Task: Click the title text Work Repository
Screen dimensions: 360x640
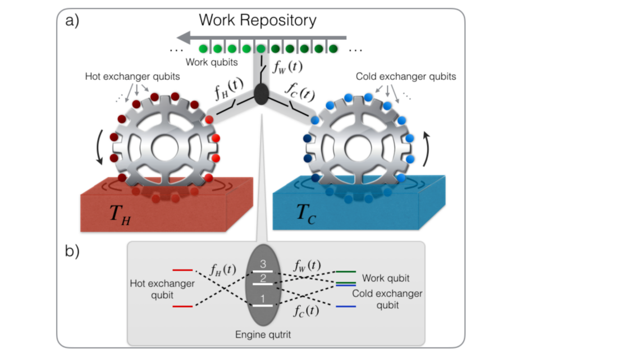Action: (258, 21)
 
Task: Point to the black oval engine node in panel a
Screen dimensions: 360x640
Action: (261, 94)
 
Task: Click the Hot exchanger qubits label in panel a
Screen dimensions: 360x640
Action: (132, 76)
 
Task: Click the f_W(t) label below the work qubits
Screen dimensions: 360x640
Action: (287, 67)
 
